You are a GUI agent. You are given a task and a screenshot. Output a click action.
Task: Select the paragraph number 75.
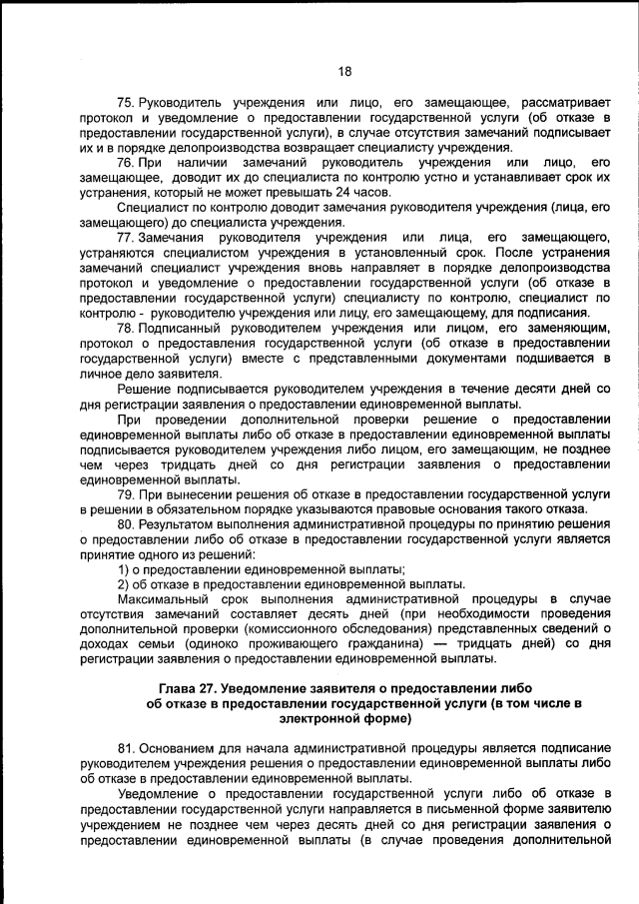(126, 103)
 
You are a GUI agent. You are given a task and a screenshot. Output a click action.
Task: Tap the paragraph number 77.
(126, 237)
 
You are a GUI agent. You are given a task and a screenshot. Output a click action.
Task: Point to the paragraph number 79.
(126, 494)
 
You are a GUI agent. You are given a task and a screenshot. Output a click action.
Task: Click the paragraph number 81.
(126, 747)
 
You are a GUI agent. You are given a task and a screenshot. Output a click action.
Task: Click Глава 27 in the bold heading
(191, 688)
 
